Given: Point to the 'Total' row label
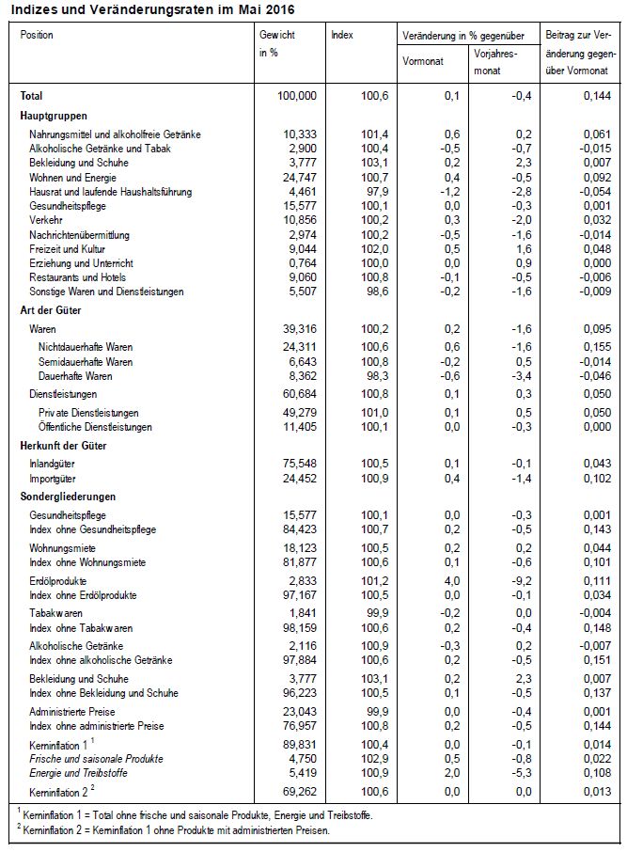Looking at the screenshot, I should tap(31, 96).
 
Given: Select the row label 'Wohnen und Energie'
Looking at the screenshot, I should tap(72, 178).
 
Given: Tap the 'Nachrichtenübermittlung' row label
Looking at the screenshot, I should tap(86, 234).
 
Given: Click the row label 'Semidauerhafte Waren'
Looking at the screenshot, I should tap(86, 362).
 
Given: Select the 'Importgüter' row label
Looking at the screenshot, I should tap(54, 479).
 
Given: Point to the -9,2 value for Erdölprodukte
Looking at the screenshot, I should tap(509, 581).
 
